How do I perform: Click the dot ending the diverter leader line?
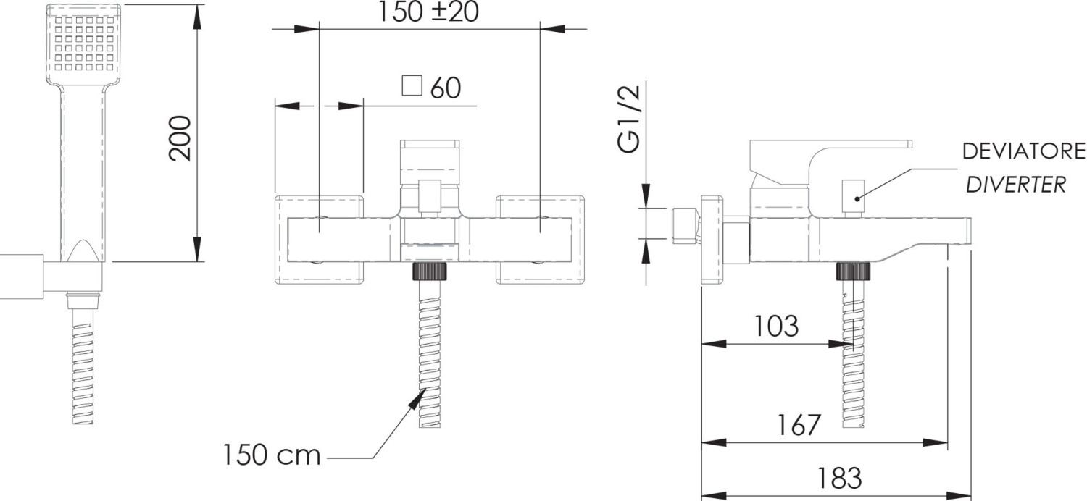(857, 198)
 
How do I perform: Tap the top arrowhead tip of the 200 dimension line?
(197, 5)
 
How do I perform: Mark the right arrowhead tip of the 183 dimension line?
(970, 496)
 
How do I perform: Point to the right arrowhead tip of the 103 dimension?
(853, 345)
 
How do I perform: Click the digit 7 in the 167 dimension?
(812, 425)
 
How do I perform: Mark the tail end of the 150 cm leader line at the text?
(328, 458)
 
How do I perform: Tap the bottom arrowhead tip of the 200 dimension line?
(197, 261)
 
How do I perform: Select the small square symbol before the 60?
(412, 86)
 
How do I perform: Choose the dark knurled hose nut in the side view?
(853, 271)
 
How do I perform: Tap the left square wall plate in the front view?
(319, 240)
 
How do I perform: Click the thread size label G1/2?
(630, 119)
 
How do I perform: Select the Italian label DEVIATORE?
(1023, 151)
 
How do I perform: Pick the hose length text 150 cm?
(272, 455)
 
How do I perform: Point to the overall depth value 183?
(839, 478)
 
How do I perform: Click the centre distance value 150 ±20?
(428, 12)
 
